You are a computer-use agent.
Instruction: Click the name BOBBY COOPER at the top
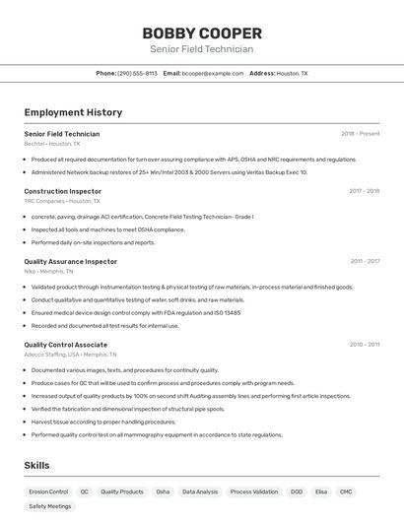[201, 33]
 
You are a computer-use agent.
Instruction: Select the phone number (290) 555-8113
[137, 73]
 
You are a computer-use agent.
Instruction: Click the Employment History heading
[73, 112]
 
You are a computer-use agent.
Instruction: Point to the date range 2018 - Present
[360, 133]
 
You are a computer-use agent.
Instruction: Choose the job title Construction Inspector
[63, 191]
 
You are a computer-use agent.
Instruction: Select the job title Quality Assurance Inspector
[70, 261]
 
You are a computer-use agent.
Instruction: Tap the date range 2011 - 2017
[365, 261]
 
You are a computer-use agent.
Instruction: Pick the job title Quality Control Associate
[66, 345]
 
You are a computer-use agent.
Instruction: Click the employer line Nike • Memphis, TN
[48, 271]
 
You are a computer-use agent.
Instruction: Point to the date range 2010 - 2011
[365, 345]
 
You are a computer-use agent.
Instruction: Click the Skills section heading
[36, 465]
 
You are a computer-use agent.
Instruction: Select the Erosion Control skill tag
[48, 491]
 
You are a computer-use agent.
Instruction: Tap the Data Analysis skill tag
[200, 491]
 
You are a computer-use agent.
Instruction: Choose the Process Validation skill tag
[254, 491]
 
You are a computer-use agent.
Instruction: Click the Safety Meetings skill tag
[50, 506]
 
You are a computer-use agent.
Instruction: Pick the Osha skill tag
[163, 491]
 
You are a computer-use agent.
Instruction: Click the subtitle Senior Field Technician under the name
[201, 49]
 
